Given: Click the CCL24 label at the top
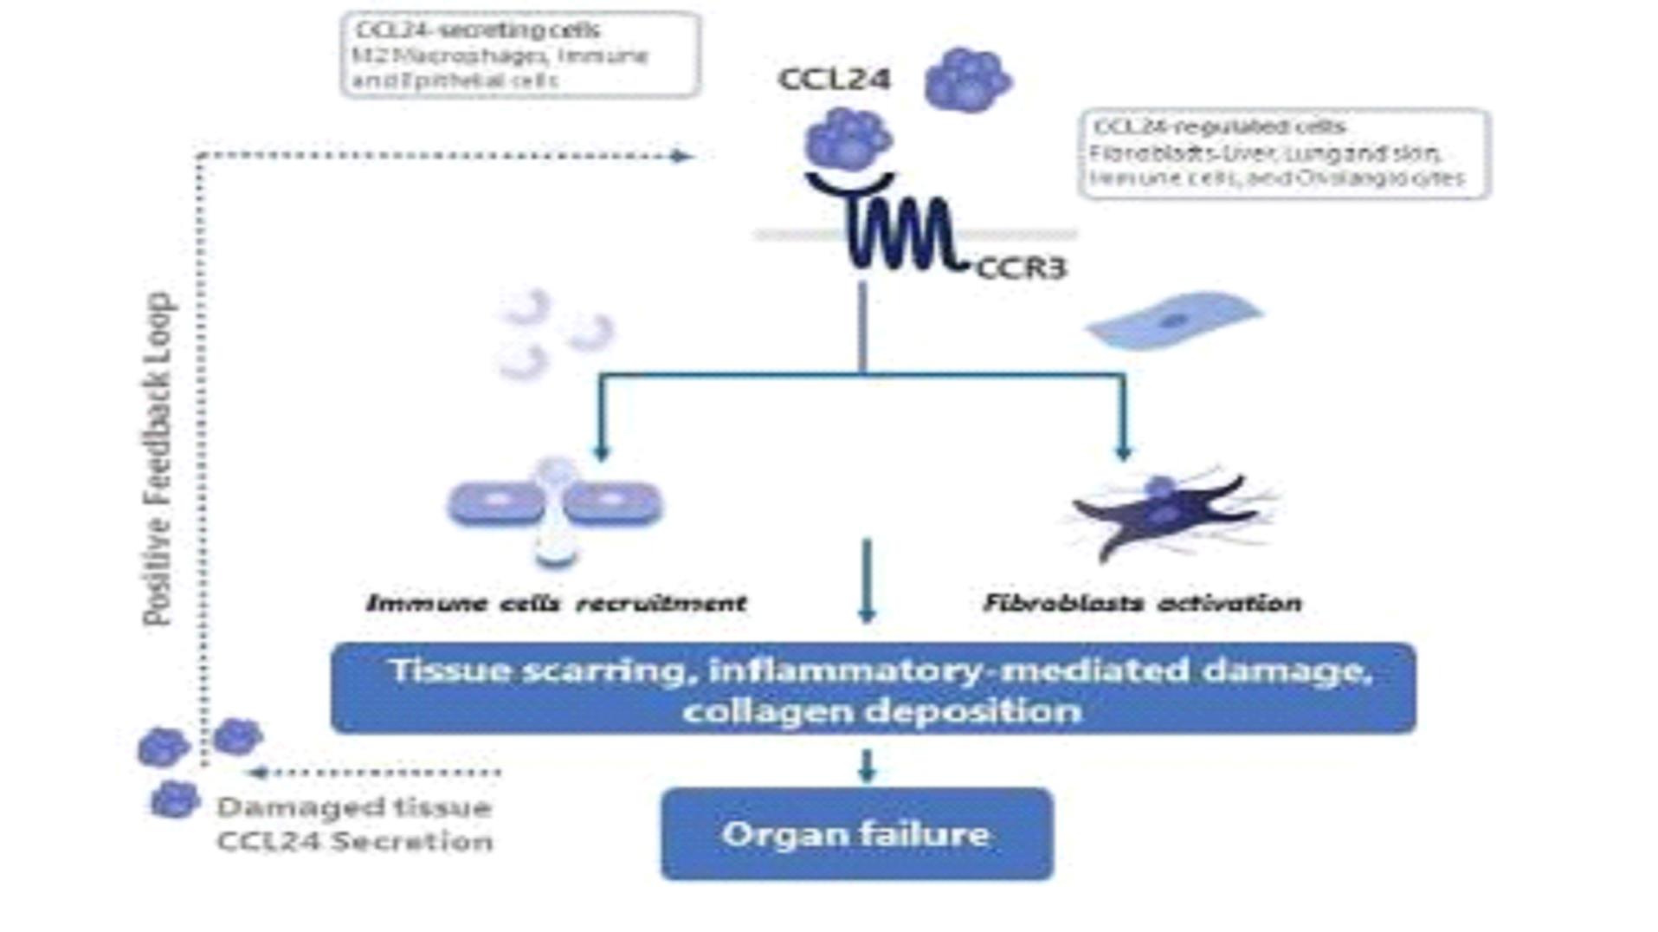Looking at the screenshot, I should pos(834,80).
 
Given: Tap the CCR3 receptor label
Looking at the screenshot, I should pos(1021,269).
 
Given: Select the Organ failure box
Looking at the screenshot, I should pos(856,834).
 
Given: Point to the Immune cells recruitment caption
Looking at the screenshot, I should pos(556,603).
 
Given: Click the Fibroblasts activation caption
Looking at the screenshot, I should pos(1142,603).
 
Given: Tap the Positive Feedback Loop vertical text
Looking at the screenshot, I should pos(158,459).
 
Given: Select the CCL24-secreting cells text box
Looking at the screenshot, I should pos(519,55).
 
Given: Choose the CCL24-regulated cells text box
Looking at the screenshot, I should pos(1284,153).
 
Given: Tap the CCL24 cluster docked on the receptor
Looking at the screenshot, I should pos(848,139).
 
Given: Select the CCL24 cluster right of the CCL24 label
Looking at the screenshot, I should pos(967,80).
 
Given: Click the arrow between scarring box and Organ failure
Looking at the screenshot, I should pos(867,767).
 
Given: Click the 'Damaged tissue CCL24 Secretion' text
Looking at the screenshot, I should pos(354,824).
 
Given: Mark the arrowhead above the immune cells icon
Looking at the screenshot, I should pos(602,451).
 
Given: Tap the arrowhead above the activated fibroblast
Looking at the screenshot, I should pos(1123,451).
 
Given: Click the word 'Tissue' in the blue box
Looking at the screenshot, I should pos(450,670).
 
